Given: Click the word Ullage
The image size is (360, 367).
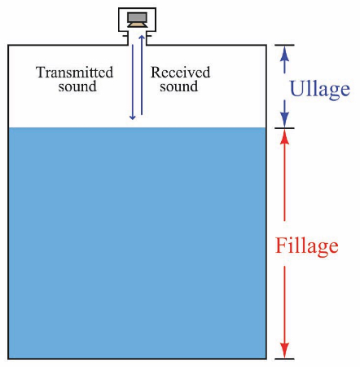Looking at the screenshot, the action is (x=320, y=89).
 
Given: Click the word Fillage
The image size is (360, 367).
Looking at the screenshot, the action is (x=307, y=246).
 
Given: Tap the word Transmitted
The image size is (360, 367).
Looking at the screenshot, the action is (x=74, y=73).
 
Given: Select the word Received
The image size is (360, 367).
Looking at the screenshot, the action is (x=181, y=73).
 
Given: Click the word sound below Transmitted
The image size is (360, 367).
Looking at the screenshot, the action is (x=77, y=86).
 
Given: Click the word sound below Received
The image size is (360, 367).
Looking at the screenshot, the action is (x=178, y=86).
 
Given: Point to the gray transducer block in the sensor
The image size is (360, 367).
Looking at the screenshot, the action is (x=137, y=17).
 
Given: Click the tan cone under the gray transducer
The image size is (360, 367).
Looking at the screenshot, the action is (x=138, y=24).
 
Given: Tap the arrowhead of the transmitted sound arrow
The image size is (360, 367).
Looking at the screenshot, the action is (x=133, y=117).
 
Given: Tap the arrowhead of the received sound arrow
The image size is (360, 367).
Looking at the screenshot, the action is (x=142, y=38).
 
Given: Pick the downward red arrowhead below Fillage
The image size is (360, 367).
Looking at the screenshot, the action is (x=284, y=351).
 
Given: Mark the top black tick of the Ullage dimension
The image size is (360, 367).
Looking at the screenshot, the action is (x=284, y=45).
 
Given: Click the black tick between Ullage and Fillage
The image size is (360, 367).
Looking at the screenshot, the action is (x=284, y=128).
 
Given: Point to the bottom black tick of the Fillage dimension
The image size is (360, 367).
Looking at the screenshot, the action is (x=284, y=359).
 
